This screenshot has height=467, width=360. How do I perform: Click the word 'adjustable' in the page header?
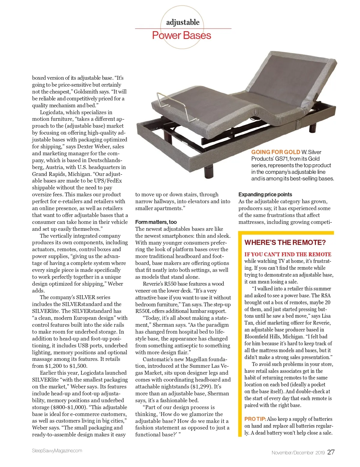(183, 22)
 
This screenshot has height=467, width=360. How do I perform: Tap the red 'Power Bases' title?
(181, 36)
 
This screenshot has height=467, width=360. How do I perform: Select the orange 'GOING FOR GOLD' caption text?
(275, 152)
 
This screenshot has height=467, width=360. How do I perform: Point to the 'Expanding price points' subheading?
(265, 195)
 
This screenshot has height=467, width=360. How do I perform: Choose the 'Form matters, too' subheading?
(156, 222)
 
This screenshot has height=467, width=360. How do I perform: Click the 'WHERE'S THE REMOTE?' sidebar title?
(285, 242)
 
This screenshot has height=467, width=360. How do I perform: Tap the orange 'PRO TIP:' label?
(255, 419)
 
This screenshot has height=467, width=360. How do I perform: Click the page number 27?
(331, 452)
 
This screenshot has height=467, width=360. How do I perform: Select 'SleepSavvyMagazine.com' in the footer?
(57, 451)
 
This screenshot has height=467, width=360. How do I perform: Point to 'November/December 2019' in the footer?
(298, 453)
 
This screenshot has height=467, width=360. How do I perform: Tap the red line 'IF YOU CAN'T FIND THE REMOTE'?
(288, 254)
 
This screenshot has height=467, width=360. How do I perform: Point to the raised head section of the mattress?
(288, 81)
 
